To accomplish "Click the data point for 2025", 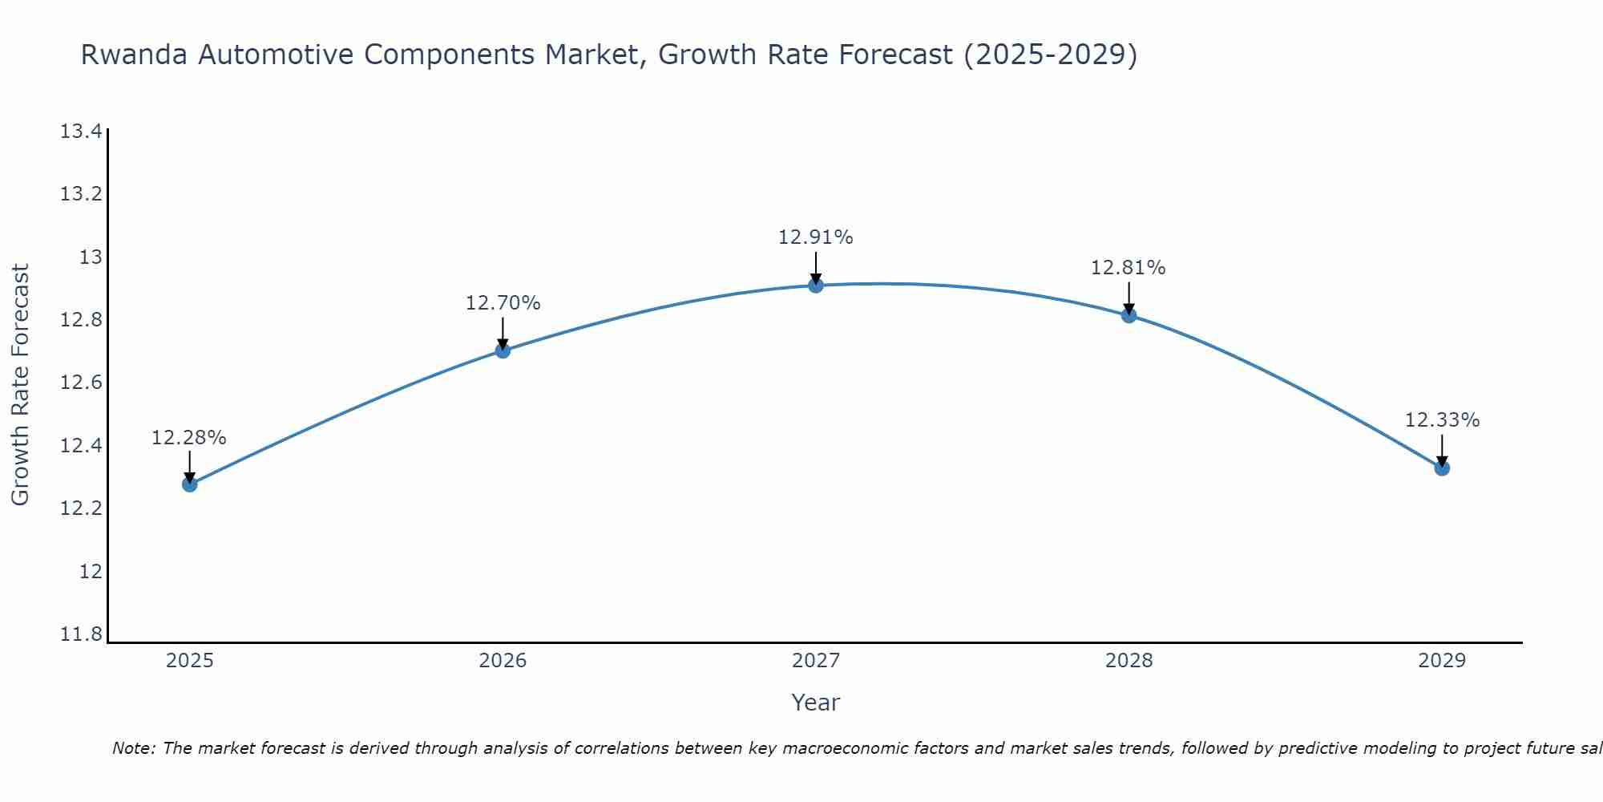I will [x=189, y=484].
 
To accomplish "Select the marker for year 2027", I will [x=816, y=286].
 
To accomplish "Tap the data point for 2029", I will [x=1442, y=468].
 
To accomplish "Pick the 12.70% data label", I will [x=503, y=303].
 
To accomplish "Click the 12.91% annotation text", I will [x=815, y=237].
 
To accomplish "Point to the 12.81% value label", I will [x=1128, y=268].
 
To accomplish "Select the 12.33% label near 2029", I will [x=1442, y=420].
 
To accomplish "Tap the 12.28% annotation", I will [x=188, y=438].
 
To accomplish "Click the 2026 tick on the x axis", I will [x=503, y=661].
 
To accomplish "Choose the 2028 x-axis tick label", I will [x=1129, y=661].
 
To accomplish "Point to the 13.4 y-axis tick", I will [x=81, y=132].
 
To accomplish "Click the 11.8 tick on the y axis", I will [x=81, y=635].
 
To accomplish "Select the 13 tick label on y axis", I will [x=91, y=257].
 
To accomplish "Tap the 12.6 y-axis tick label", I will [x=81, y=383].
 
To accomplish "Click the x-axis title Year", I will [x=815, y=703].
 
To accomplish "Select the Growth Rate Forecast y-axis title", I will [x=20, y=385].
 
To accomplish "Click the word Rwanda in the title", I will [x=135, y=55].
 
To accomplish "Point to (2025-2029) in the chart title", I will [x=1050, y=55].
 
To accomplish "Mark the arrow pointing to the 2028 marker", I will [x=1129, y=298].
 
